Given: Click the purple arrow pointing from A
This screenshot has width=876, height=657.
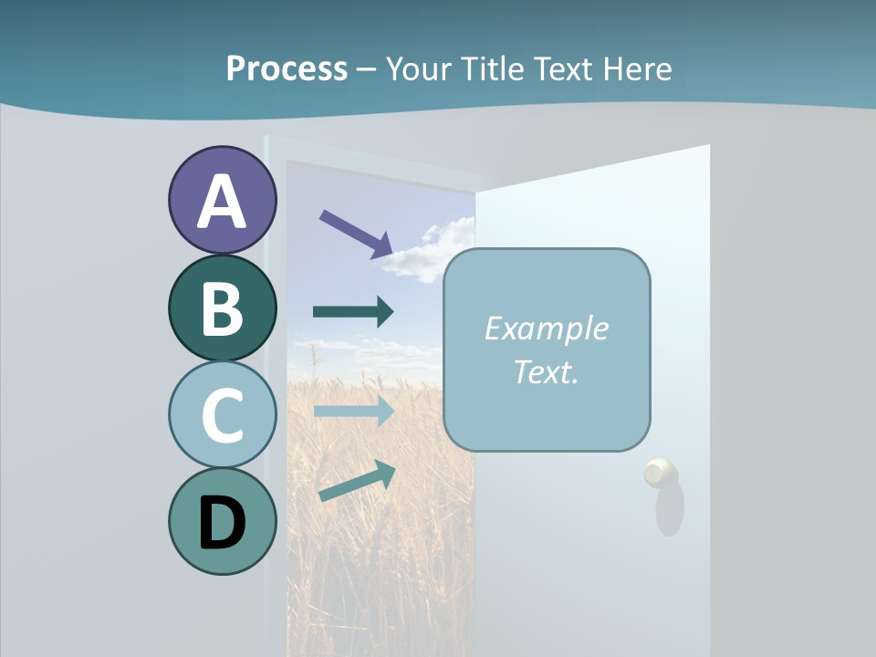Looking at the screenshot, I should click(356, 234).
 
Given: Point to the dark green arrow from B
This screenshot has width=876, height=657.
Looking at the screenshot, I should click(353, 312).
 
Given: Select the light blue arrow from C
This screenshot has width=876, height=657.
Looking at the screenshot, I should click(353, 412).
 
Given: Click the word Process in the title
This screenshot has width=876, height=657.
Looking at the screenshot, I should click(287, 68).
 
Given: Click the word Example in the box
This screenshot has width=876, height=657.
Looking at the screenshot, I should click(546, 328).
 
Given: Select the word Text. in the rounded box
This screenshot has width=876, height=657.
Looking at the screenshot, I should click(546, 371).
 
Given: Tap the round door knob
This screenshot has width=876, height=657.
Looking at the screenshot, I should click(661, 473).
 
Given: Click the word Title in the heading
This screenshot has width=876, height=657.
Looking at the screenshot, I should click(488, 68).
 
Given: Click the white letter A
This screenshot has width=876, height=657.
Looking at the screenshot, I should click(222, 203).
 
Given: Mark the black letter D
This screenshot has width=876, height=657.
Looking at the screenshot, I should click(222, 523).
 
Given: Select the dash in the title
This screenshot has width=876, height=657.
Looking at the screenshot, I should click(366, 69).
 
